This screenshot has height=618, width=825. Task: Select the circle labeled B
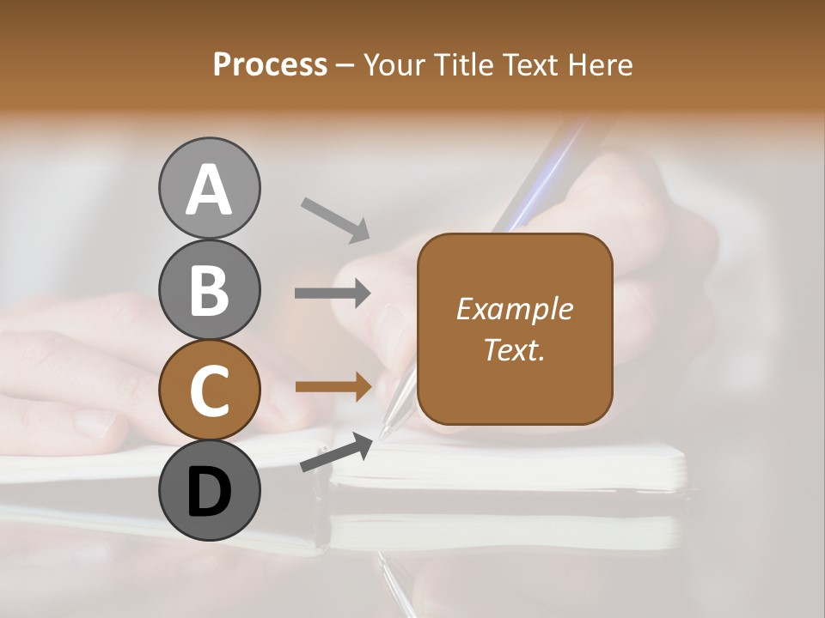click(209, 289)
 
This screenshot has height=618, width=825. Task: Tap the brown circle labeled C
click(209, 391)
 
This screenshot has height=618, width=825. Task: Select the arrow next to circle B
click(333, 294)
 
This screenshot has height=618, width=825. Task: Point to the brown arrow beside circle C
click(333, 387)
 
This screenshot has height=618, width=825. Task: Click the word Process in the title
click(270, 64)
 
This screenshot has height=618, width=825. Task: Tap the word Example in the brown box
click(514, 309)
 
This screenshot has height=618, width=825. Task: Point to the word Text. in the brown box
click(514, 349)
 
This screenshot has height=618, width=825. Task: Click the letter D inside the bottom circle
click(209, 493)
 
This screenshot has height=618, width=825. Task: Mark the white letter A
click(209, 190)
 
